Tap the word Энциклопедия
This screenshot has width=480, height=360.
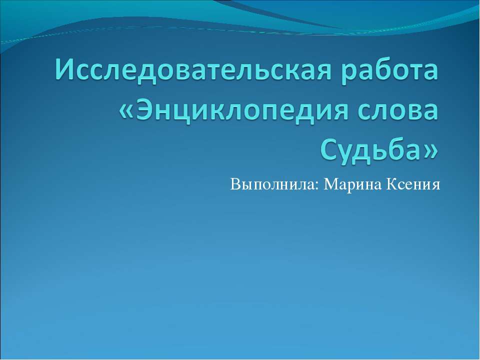click(x=242, y=111)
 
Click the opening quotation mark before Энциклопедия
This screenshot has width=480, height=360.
click(x=126, y=111)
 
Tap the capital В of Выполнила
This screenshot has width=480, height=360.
click(x=235, y=184)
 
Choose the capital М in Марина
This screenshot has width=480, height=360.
click(x=331, y=184)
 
